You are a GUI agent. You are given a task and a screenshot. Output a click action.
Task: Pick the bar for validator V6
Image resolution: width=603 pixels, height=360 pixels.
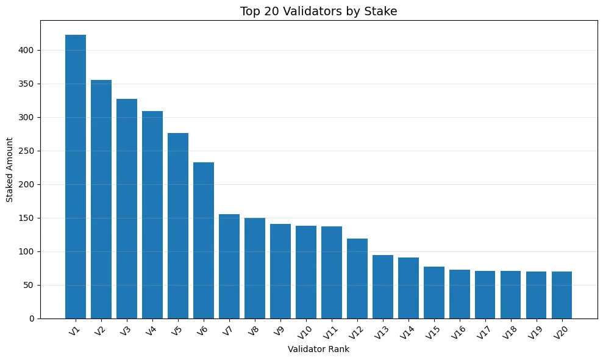point(204,240)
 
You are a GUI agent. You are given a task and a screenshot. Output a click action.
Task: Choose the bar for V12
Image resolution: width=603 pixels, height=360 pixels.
point(357,278)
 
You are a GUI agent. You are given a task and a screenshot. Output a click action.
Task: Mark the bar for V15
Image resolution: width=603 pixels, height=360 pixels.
point(434,292)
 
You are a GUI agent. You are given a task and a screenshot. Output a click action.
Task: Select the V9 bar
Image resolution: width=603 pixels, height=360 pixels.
point(280,271)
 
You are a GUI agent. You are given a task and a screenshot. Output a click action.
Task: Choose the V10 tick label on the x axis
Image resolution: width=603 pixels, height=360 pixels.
point(305,333)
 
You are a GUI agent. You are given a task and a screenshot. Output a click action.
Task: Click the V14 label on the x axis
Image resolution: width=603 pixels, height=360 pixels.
point(407,333)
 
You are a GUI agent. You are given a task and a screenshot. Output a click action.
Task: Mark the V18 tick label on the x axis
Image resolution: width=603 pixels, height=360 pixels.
point(510,333)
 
